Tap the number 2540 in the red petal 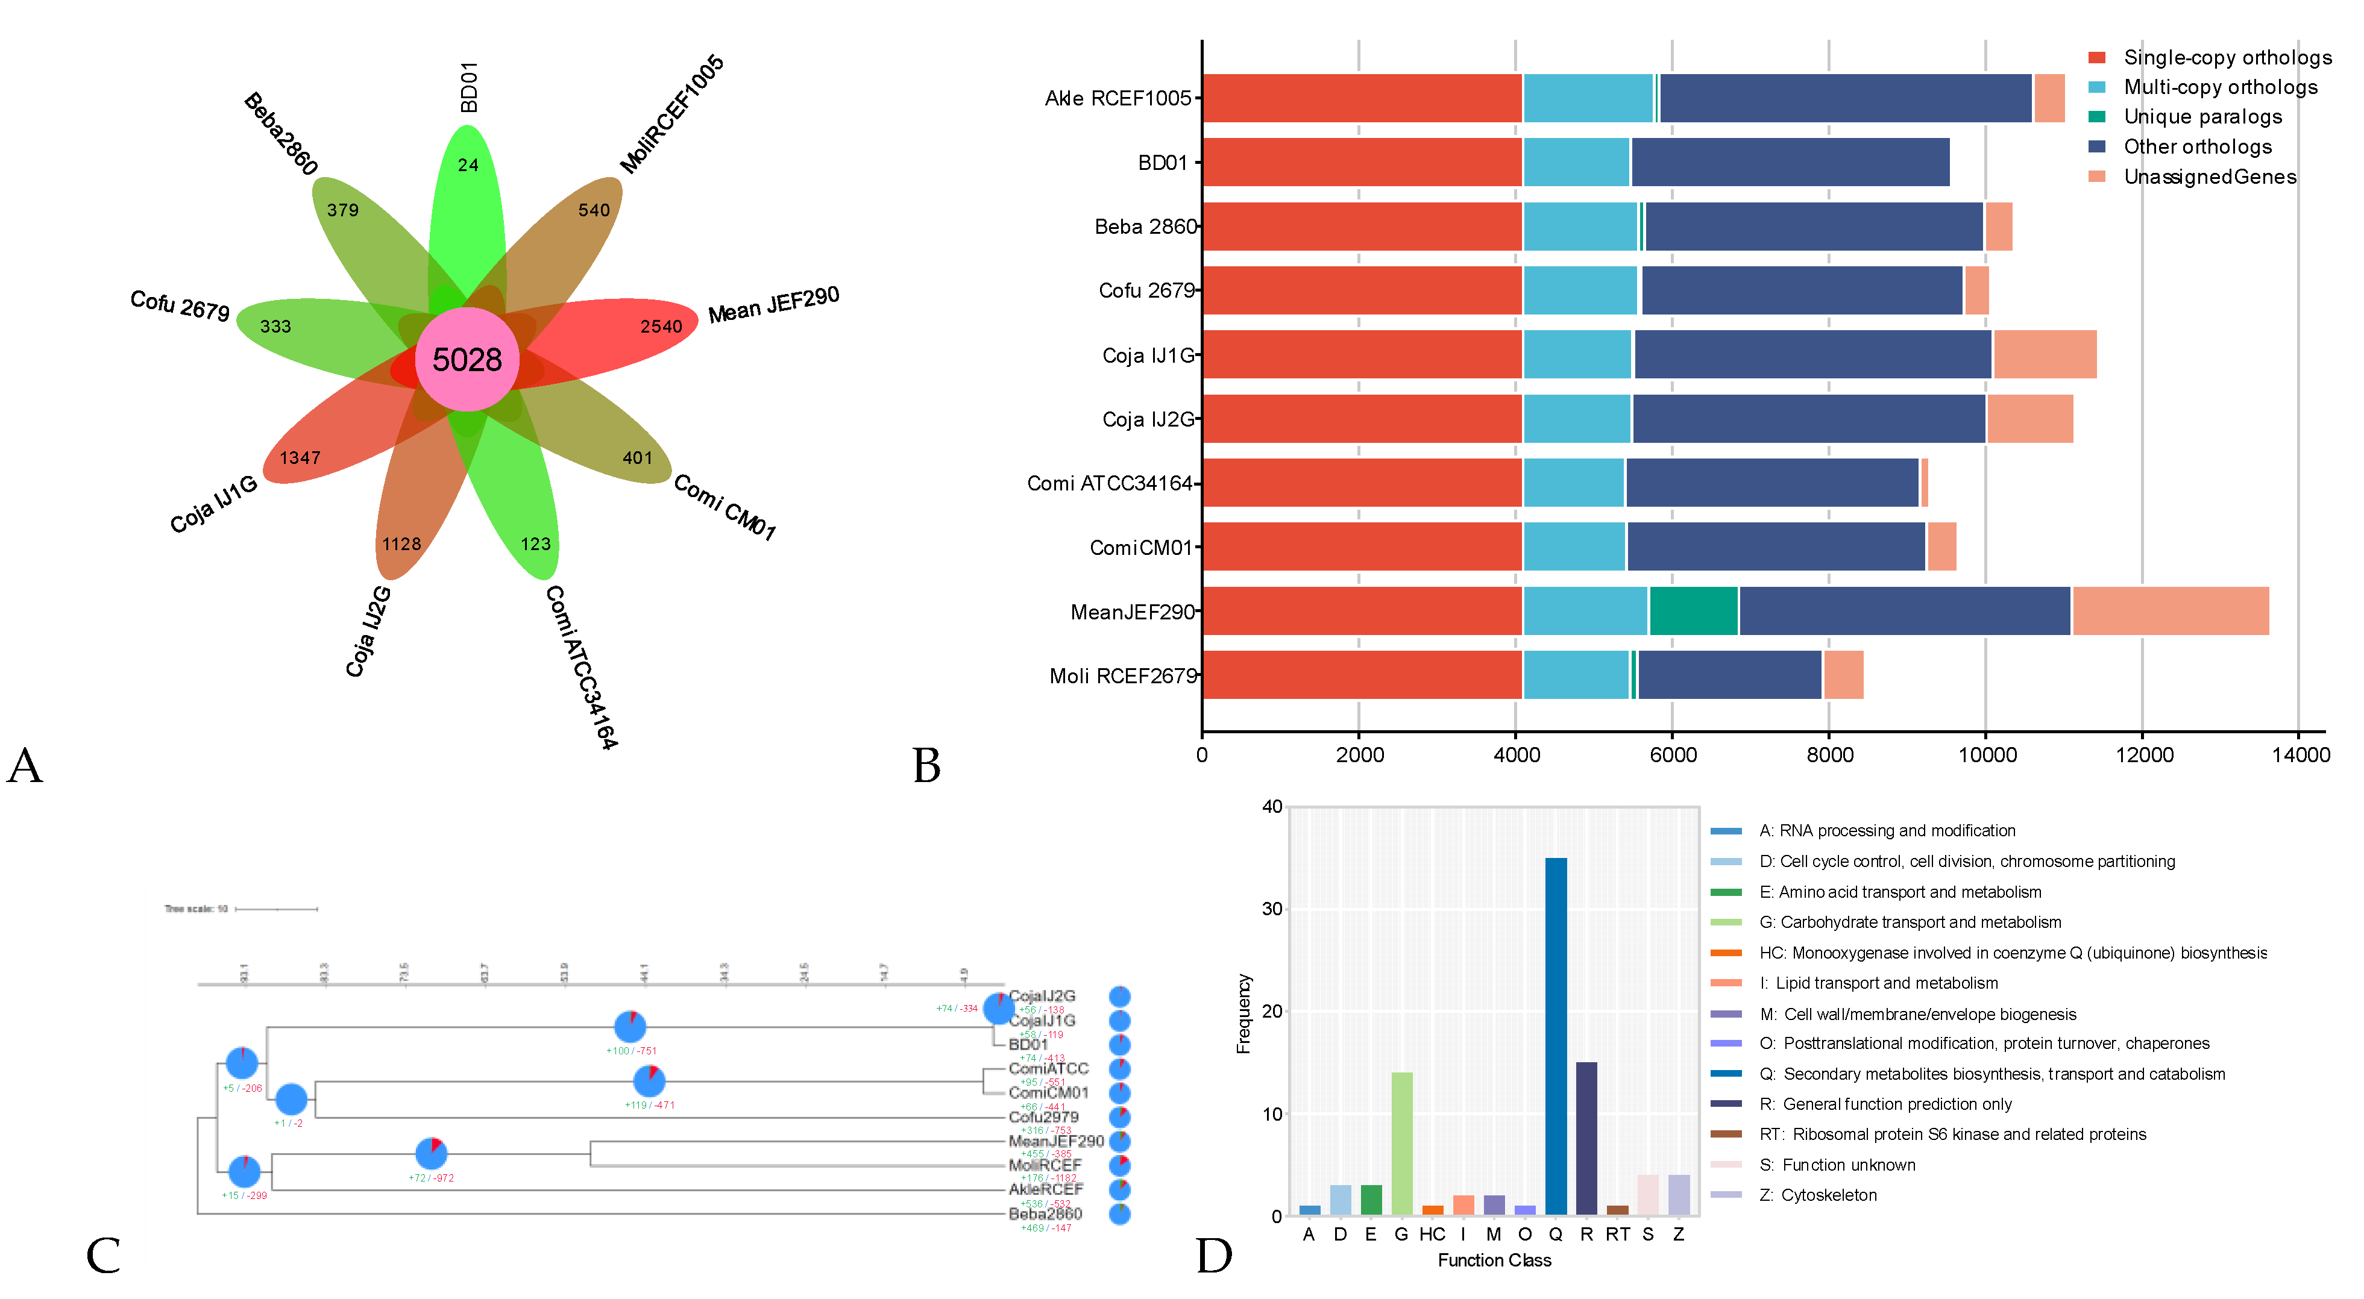point(661,327)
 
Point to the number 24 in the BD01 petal point(468,165)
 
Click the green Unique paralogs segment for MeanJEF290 point(1693,611)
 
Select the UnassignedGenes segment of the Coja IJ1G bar point(2044,355)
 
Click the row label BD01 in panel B point(1162,163)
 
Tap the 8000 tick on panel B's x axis point(1829,755)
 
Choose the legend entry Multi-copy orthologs point(2220,87)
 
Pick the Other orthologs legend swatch point(2097,147)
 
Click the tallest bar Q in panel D point(1556,1037)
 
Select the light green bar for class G point(1401,1143)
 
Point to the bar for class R point(1586,1138)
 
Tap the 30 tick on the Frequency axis point(1271,909)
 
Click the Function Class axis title point(1494,1260)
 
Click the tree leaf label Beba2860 point(1045,1213)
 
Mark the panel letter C point(103,1255)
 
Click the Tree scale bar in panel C point(276,909)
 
